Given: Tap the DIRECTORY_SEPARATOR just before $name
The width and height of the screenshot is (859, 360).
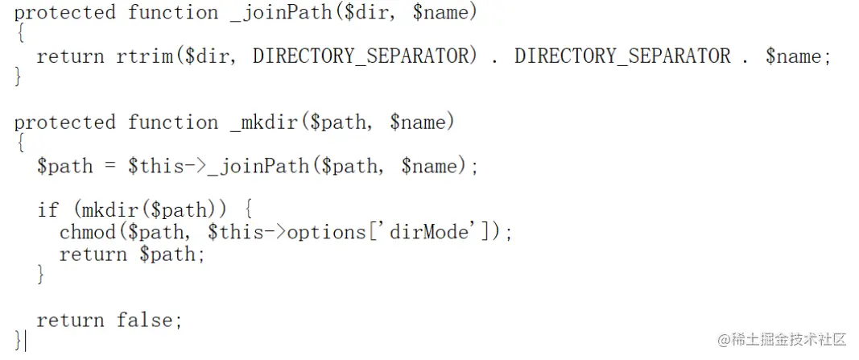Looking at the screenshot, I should [622, 56].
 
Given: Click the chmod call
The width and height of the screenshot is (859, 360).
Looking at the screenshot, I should [88, 233].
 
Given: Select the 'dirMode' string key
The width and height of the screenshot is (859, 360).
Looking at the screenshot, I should [437, 233].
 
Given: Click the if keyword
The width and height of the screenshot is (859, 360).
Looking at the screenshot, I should [47, 210].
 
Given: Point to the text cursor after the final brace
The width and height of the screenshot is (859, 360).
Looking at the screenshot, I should [25, 341].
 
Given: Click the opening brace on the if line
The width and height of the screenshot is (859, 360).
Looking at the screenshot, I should [248, 210].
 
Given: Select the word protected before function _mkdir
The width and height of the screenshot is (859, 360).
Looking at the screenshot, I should [65, 122].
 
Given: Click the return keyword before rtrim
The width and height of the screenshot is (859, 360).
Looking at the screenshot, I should [70, 56].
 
